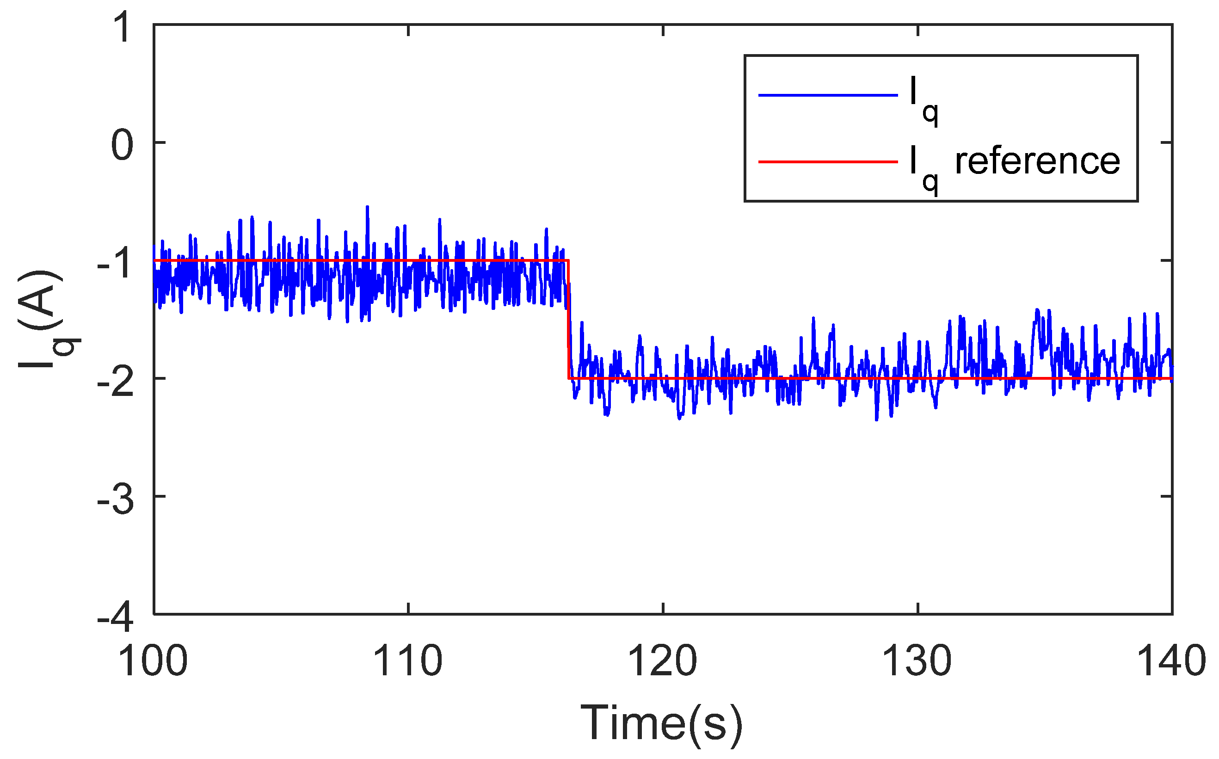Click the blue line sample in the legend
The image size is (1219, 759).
(x=828, y=94)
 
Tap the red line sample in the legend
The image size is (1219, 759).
(x=828, y=161)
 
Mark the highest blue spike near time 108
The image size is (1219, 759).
(x=367, y=207)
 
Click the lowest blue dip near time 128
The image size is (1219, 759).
(x=876, y=420)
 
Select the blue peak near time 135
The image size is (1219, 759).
(x=1037, y=310)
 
